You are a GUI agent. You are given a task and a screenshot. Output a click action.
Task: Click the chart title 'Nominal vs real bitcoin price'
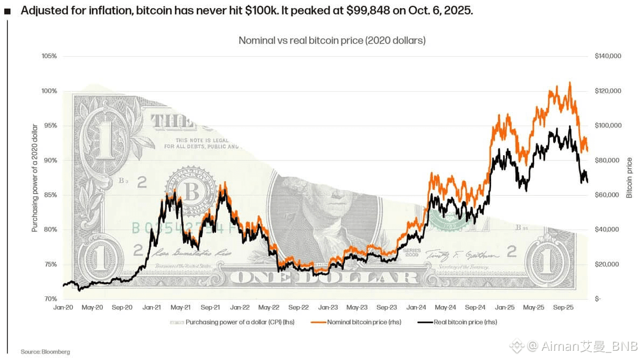pyautogui.click(x=332, y=40)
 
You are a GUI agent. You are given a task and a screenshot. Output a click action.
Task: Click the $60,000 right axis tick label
pyautogui.click(x=607, y=195)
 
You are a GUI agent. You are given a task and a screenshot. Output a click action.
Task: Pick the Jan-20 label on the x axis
pyautogui.click(x=64, y=307)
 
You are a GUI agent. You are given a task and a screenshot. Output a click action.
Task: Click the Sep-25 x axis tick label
pyautogui.click(x=562, y=307)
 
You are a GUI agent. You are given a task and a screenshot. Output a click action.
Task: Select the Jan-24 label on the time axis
pyautogui.click(x=416, y=307)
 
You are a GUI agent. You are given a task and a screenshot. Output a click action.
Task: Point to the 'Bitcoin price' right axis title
pyautogui.click(x=630, y=178)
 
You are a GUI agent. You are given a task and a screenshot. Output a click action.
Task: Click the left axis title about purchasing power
pyautogui.click(x=35, y=178)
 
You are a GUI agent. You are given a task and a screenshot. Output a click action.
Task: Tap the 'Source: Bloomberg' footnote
pyautogui.click(x=45, y=352)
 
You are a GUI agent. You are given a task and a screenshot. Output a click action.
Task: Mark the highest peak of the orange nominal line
pyautogui.click(x=570, y=82)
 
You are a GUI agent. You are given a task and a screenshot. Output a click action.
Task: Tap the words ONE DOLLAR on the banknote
pyautogui.click(x=328, y=278)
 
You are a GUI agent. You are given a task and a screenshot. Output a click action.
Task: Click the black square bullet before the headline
pyautogui.click(x=7, y=11)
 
